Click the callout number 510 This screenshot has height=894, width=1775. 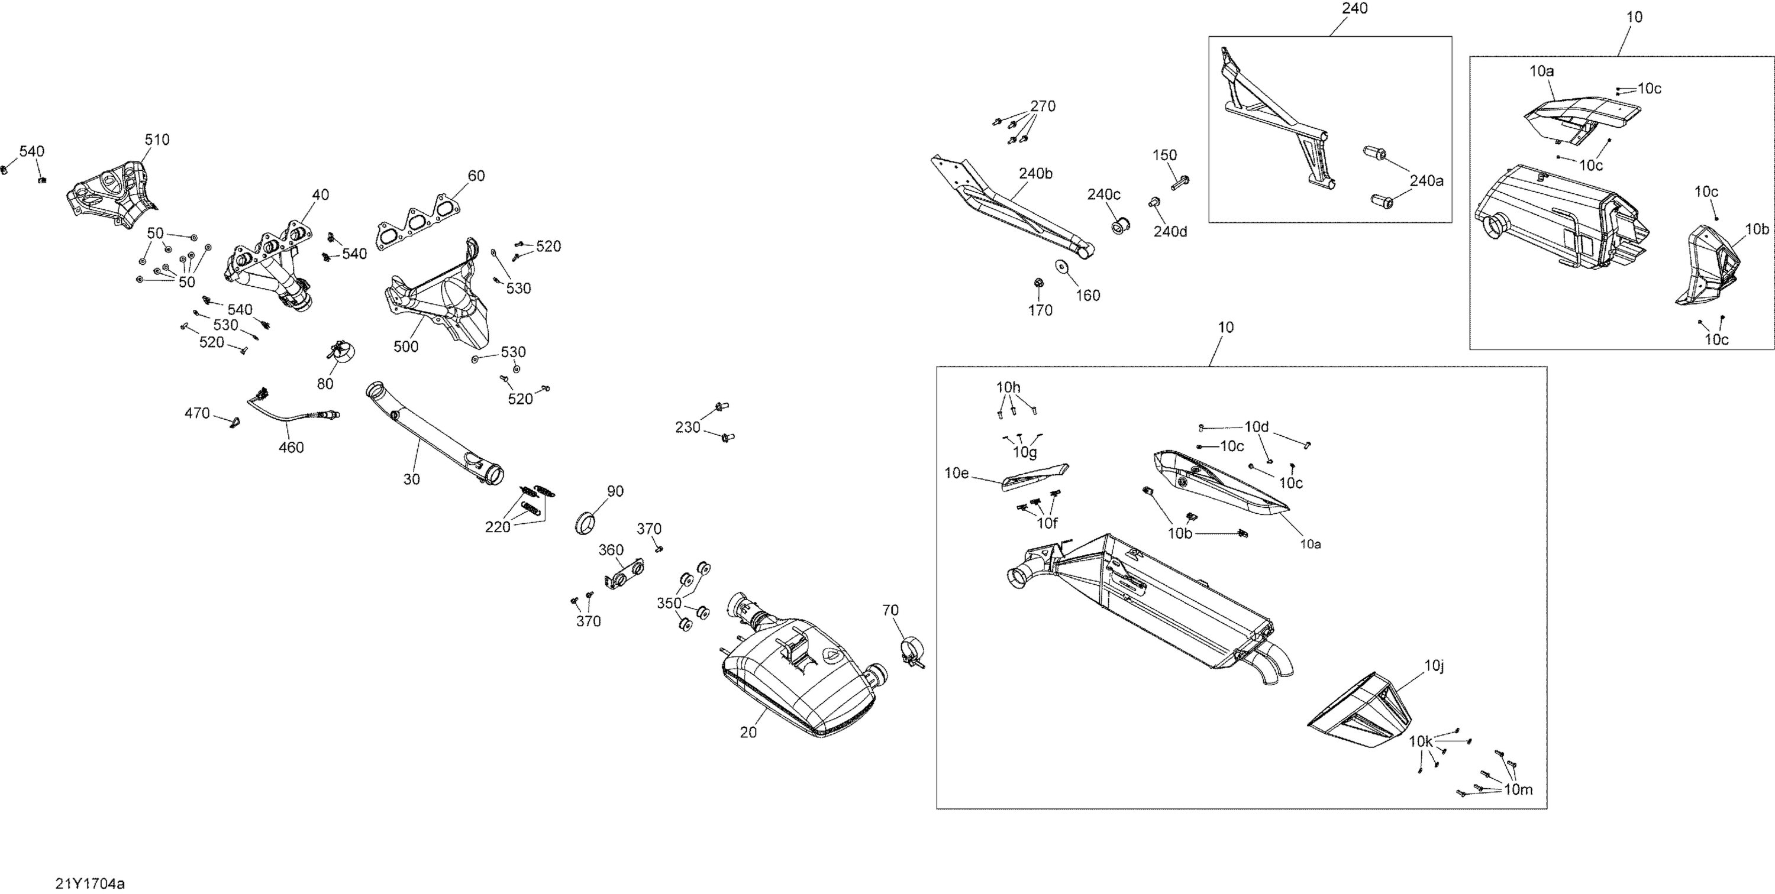[157, 140]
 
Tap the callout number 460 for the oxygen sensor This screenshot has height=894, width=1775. [291, 448]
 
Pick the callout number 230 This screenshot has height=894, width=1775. [688, 427]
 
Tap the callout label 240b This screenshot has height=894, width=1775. [1035, 174]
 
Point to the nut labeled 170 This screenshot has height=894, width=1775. [1038, 283]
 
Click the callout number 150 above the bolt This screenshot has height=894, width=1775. [1164, 156]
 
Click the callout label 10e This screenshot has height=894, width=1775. [956, 473]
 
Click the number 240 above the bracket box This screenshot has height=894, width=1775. [1355, 9]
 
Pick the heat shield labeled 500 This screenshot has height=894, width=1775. [441, 296]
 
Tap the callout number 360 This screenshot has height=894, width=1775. [611, 550]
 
